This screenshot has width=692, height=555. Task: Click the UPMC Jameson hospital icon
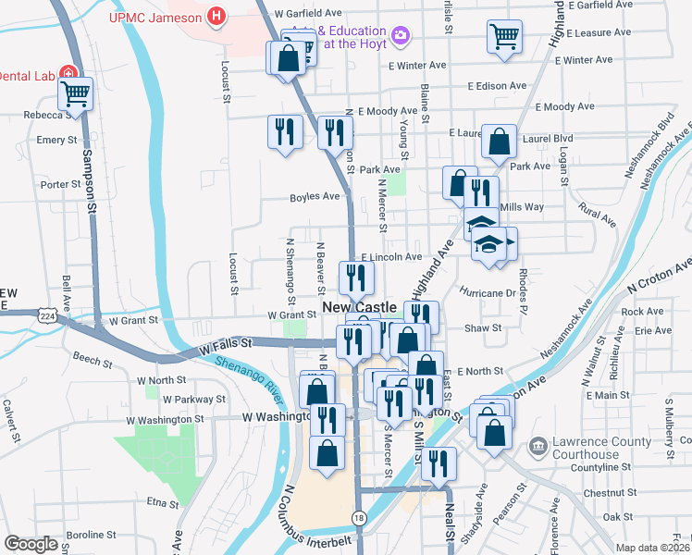click(x=216, y=17)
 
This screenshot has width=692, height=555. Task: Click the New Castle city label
click(x=359, y=307)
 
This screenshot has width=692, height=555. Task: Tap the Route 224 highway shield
click(x=44, y=316)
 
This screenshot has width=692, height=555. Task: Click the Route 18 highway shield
click(x=357, y=515)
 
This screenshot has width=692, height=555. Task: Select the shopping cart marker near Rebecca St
click(x=76, y=93)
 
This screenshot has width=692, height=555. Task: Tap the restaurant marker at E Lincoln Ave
click(x=356, y=277)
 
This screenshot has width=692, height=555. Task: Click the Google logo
click(x=31, y=544)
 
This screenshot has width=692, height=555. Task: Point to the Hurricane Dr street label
click(x=490, y=292)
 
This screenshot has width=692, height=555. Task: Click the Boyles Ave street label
click(x=315, y=196)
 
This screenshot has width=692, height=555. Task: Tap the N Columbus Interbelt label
click(x=316, y=518)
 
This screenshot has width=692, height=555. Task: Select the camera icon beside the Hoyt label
click(x=401, y=35)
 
